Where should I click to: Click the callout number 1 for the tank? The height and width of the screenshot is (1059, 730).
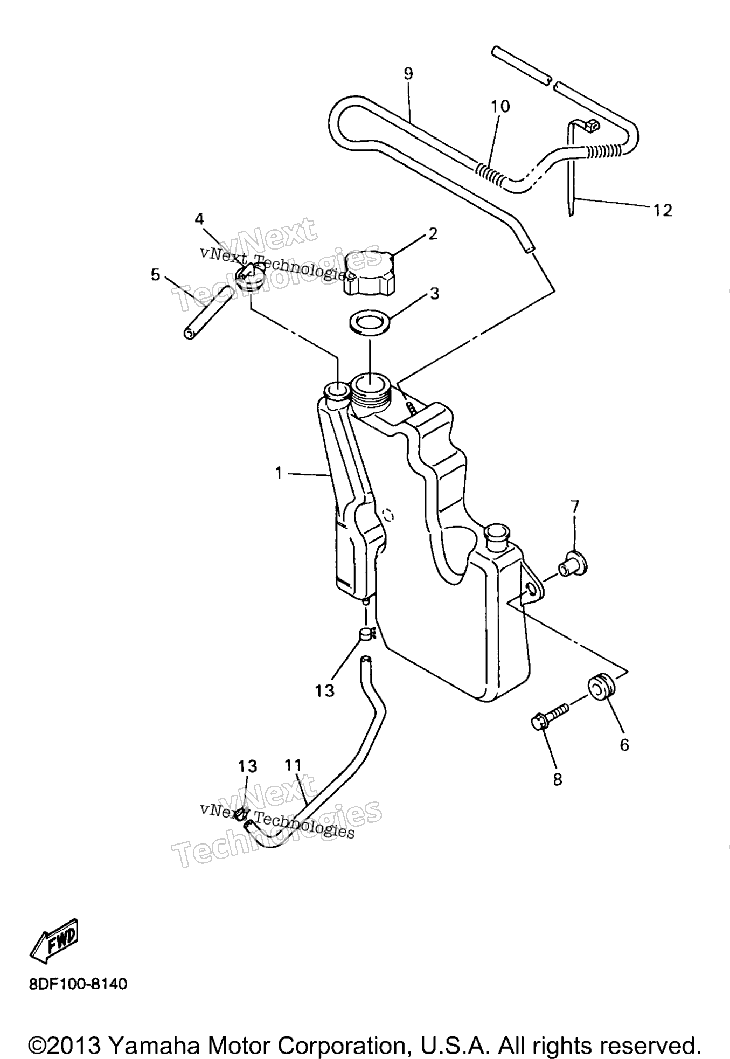[x=279, y=473]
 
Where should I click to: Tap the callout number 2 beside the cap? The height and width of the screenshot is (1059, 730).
[x=433, y=233]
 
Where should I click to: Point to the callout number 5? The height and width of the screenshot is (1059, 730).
[x=156, y=275]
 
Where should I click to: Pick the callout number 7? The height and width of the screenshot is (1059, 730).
[x=575, y=506]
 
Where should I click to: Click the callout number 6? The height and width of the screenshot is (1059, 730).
[x=624, y=745]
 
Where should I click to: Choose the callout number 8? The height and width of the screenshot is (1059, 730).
[x=558, y=779]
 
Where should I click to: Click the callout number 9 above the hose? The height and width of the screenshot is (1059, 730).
[x=408, y=73]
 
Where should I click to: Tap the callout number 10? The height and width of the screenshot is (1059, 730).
[x=500, y=106]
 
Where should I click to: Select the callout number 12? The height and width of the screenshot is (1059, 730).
[x=663, y=210]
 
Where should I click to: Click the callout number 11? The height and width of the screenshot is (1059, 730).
[x=293, y=765]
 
